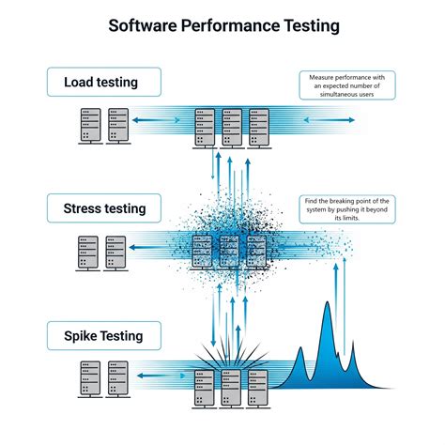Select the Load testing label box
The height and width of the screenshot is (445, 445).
tap(100, 82)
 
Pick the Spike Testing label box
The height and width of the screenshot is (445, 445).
tap(100, 334)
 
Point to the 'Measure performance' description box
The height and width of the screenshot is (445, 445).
tap(346, 84)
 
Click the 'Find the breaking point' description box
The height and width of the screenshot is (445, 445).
tap(346, 208)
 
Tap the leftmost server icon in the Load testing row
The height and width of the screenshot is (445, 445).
tap(90, 124)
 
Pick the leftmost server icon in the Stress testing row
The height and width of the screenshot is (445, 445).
tap(88, 251)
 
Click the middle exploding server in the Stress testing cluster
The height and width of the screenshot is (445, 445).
tap(229, 250)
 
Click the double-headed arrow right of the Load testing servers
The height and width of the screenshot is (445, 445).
tap(330, 121)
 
